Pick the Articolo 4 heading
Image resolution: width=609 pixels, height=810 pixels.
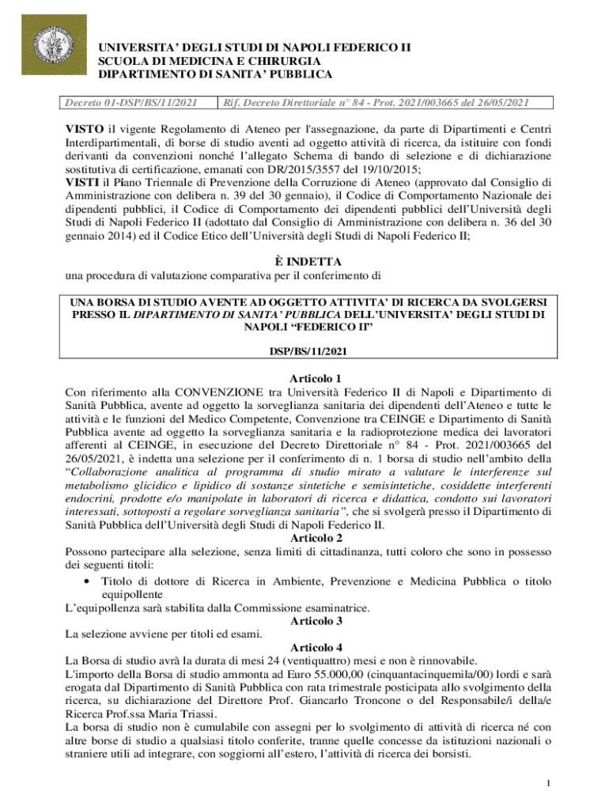304,647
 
